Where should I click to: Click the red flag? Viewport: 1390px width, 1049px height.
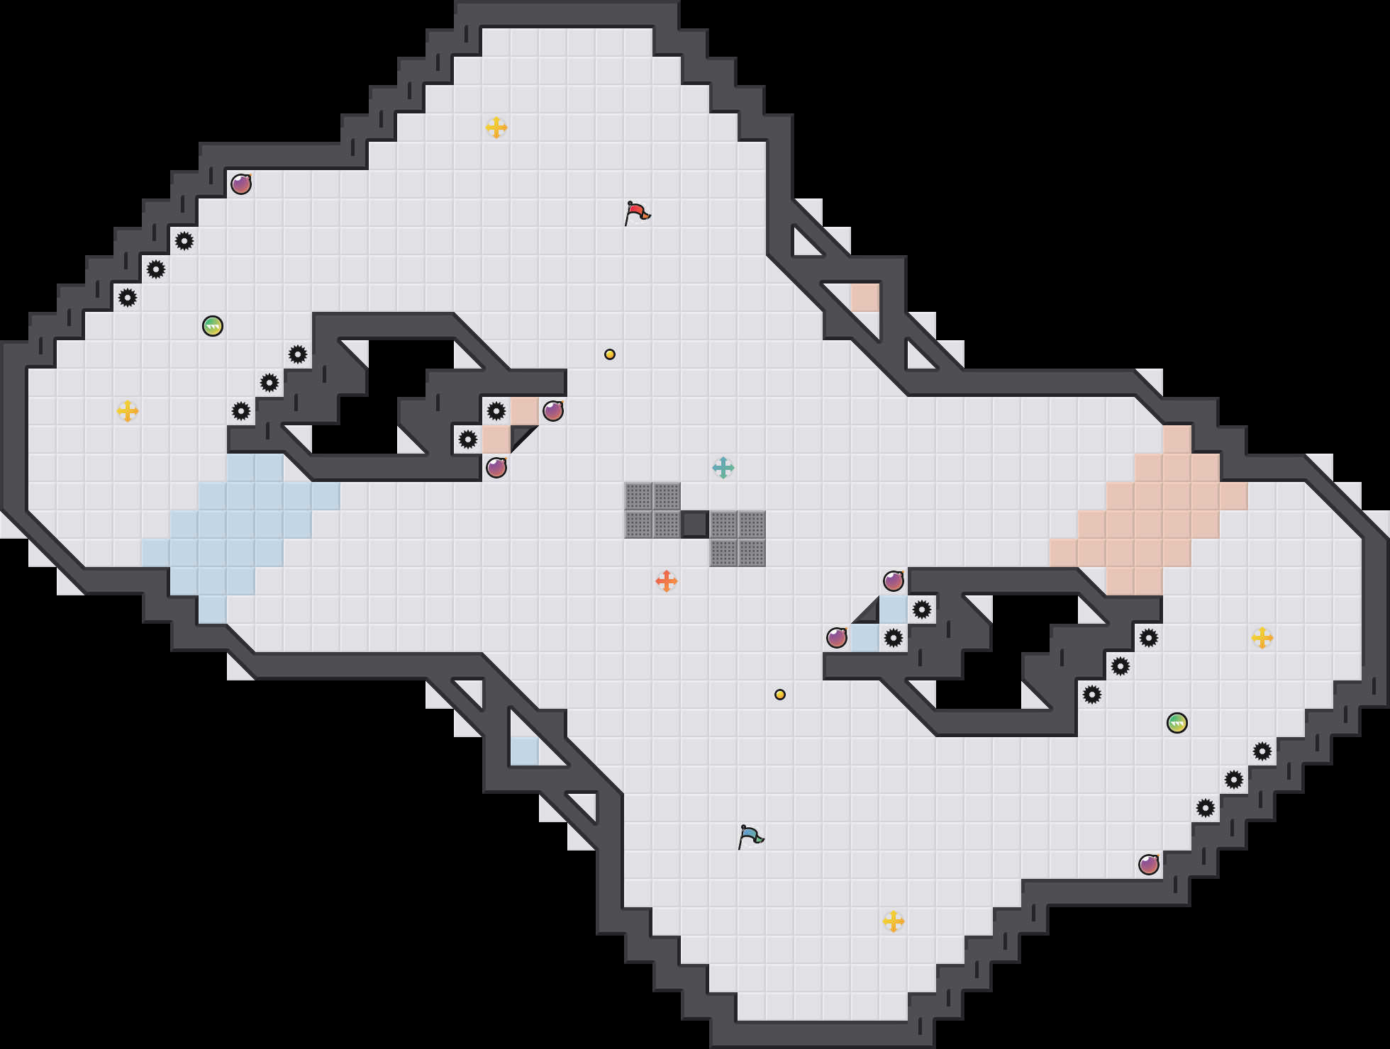[637, 213]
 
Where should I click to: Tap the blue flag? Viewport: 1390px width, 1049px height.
[750, 836]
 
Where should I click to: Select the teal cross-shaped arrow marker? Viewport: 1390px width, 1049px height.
[723, 468]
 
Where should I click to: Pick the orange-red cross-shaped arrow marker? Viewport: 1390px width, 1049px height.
[666, 581]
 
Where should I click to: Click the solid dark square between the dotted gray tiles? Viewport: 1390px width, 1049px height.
[694, 524]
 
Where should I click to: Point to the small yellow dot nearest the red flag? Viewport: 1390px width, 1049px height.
[610, 354]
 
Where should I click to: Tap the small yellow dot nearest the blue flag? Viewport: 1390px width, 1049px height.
[780, 695]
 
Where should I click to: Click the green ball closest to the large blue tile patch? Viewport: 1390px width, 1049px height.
[213, 326]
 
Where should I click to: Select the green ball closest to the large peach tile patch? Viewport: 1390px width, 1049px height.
[1177, 723]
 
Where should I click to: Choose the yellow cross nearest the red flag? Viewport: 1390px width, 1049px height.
[496, 128]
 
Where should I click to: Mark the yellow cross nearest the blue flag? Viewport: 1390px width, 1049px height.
[894, 921]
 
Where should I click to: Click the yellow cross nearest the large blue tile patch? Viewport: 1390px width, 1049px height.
[128, 411]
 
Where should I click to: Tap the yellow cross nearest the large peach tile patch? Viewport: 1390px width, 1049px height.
[1262, 638]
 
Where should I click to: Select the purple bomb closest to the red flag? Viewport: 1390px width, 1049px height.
[553, 411]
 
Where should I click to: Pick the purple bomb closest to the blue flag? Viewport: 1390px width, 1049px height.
[837, 638]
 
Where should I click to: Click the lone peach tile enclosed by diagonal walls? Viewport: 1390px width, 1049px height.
[865, 298]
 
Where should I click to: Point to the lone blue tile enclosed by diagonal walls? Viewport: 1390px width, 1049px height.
[525, 751]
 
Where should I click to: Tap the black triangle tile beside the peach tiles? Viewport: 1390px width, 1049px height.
[521, 435]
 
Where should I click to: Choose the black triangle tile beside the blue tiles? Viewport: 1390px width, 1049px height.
[869, 614]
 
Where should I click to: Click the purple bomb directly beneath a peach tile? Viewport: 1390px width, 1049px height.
[496, 468]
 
